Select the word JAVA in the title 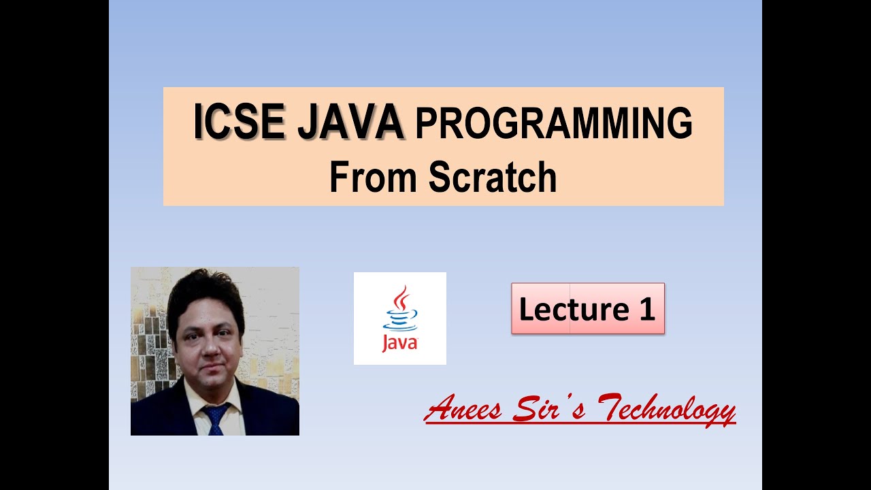352,123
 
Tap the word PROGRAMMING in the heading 554,125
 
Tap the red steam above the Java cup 401,297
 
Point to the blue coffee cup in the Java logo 400,319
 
